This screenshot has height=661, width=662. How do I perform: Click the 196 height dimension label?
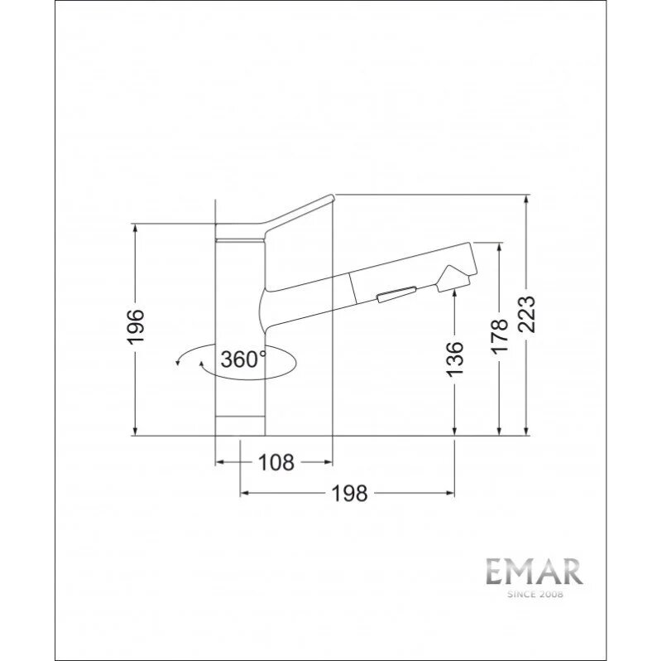coord(136,326)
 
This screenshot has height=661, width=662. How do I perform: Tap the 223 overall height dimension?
coord(526,315)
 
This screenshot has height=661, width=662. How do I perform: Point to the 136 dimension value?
coord(454,359)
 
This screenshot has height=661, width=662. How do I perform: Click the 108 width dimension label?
coord(276,462)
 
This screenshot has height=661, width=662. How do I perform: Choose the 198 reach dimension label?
coord(349,493)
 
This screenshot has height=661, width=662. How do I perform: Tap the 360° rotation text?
coord(243,359)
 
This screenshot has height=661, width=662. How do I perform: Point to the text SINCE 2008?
coord(535,595)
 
